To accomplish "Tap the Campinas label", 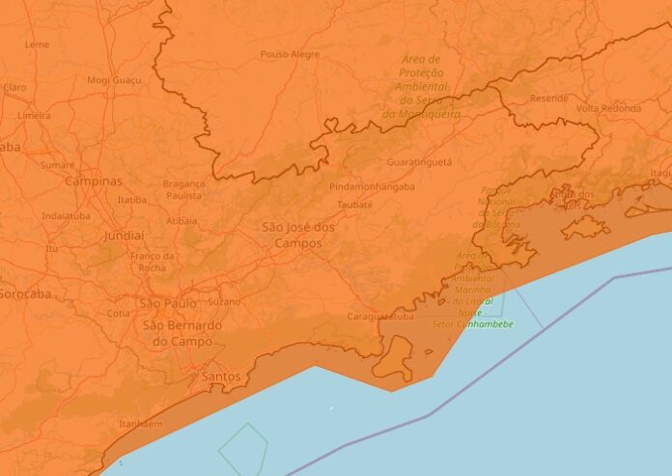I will (x=94, y=182).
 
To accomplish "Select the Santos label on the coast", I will (x=220, y=376).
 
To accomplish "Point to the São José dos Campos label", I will (x=298, y=234).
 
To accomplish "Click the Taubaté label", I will (x=355, y=205).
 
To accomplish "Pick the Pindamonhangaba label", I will (x=372, y=186).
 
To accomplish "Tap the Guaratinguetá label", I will (x=419, y=162).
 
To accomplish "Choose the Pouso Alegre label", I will (x=290, y=55).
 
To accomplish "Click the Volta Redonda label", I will (x=607, y=107).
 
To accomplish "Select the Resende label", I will (x=549, y=98).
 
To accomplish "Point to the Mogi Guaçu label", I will (x=113, y=80).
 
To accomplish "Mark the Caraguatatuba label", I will (x=379, y=316).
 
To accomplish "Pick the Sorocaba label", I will (x=24, y=294).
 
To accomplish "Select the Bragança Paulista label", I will (x=182, y=189).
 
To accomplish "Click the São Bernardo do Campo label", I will (x=182, y=333).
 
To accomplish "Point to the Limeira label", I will (x=34, y=115).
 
